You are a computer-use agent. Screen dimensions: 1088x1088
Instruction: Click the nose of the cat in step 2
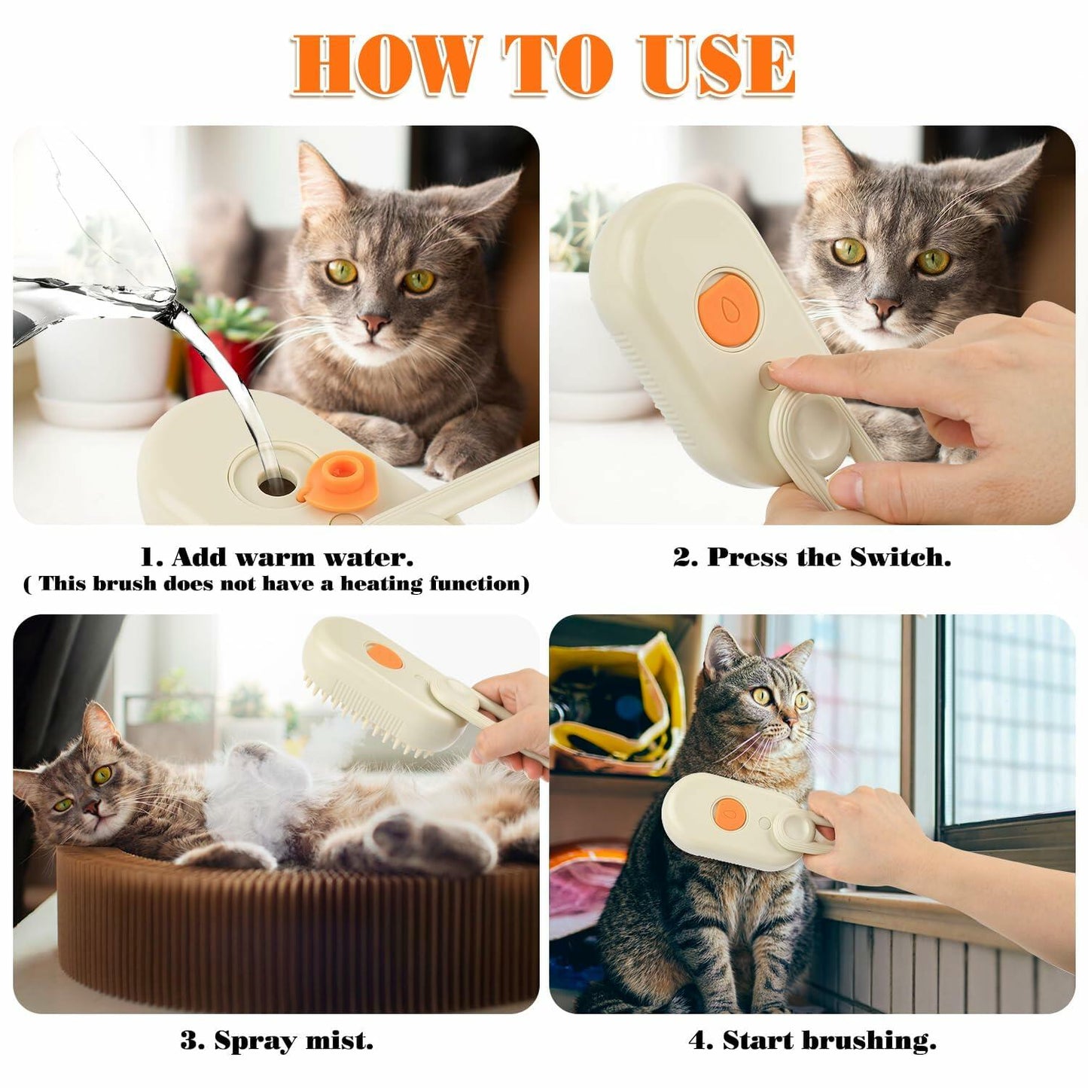(882, 306)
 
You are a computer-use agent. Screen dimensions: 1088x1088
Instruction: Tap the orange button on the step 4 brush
(729, 810)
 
